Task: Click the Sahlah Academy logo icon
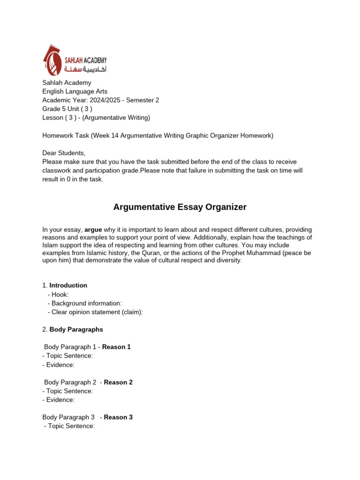click(x=52, y=60)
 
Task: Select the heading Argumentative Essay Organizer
click(x=180, y=207)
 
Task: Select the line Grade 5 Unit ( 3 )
click(x=70, y=109)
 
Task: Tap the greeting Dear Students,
click(x=64, y=153)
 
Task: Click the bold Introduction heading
click(x=68, y=285)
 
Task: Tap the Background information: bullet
click(x=84, y=303)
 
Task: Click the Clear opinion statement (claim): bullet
click(x=95, y=312)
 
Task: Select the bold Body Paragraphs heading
click(x=76, y=330)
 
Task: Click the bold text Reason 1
click(x=116, y=347)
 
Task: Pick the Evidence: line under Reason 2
click(x=59, y=400)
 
